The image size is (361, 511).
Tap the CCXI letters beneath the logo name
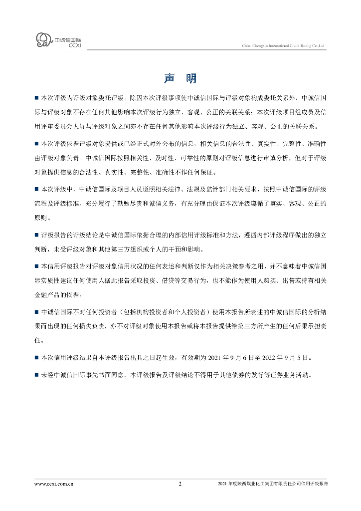click(x=73, y=45)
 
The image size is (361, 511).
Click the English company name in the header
click(x=283, y=45)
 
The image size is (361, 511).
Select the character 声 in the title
click(x=170, y=78)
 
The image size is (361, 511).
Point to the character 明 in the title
click(x=191, y=78)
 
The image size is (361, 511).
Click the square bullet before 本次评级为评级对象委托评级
click(x=36, y=98)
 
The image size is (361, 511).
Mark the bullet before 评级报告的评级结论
click(x=36, y=235)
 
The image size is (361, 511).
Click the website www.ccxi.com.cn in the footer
click(x=54, y=484)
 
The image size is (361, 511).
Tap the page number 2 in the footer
click(x=180, y=484)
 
